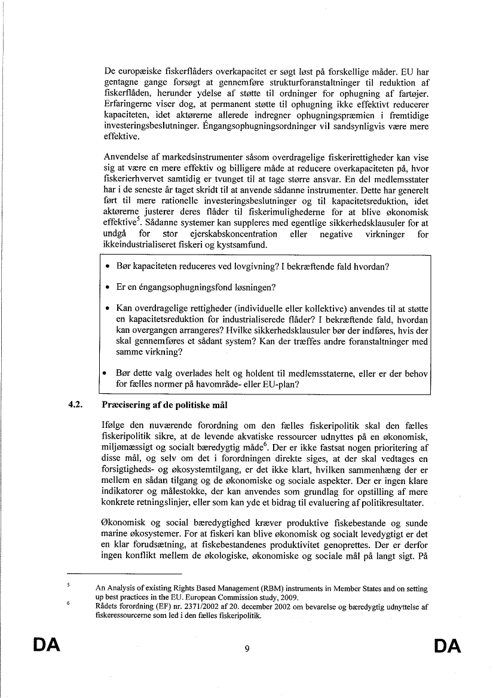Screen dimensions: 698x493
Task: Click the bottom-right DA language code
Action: click(447, 646)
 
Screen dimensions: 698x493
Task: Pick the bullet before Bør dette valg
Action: click(105, 374)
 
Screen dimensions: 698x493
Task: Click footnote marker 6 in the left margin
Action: click(69, 604)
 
